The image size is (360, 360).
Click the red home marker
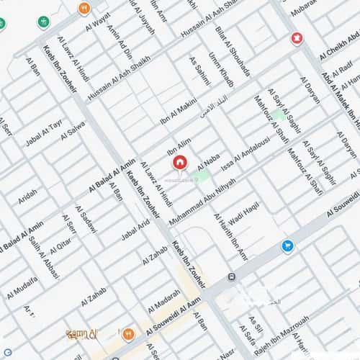click(x=179, y=163)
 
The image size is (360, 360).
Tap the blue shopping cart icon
click(x=287, y=246)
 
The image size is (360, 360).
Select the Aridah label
click(x=27, y=196)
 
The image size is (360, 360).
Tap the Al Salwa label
click(x=73, y=129)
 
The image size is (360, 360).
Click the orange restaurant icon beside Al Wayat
click(x=84, y=8)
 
